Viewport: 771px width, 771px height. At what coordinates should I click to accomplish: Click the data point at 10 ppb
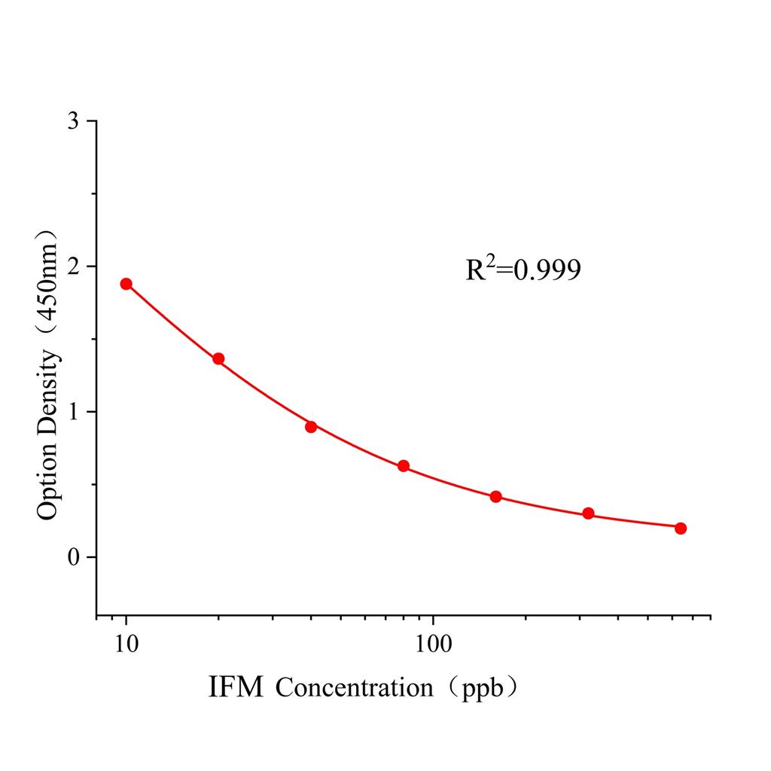[x=126, y=284]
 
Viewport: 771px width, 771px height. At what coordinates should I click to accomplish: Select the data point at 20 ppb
[x=218, y=358]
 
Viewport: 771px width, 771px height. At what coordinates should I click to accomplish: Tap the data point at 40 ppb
[x=311, y=427]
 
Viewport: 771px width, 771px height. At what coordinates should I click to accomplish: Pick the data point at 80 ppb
[x=404, y=466]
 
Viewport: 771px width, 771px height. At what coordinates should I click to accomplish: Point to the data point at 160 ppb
[x=495, y=497]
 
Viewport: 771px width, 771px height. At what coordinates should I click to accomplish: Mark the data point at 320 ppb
[x=588, y=513]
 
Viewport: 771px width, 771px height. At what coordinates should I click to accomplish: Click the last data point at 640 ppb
[x=681, y=528]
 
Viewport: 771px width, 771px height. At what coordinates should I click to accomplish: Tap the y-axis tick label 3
[x=72, y=121]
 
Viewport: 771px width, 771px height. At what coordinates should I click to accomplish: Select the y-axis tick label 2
[x=72, y=267]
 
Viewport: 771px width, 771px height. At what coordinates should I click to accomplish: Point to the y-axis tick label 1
[x=72, y=412]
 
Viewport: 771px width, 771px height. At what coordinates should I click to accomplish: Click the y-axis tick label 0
[x=72, y=557]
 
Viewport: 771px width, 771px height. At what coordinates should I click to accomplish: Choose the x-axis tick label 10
[x=126, y=645]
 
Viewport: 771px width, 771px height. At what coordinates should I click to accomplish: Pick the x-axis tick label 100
[x=433, y=645]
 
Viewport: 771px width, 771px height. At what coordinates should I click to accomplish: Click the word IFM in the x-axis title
[x=236, y=687]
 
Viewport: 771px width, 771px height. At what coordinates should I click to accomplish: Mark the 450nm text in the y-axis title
[x=47, y=279]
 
